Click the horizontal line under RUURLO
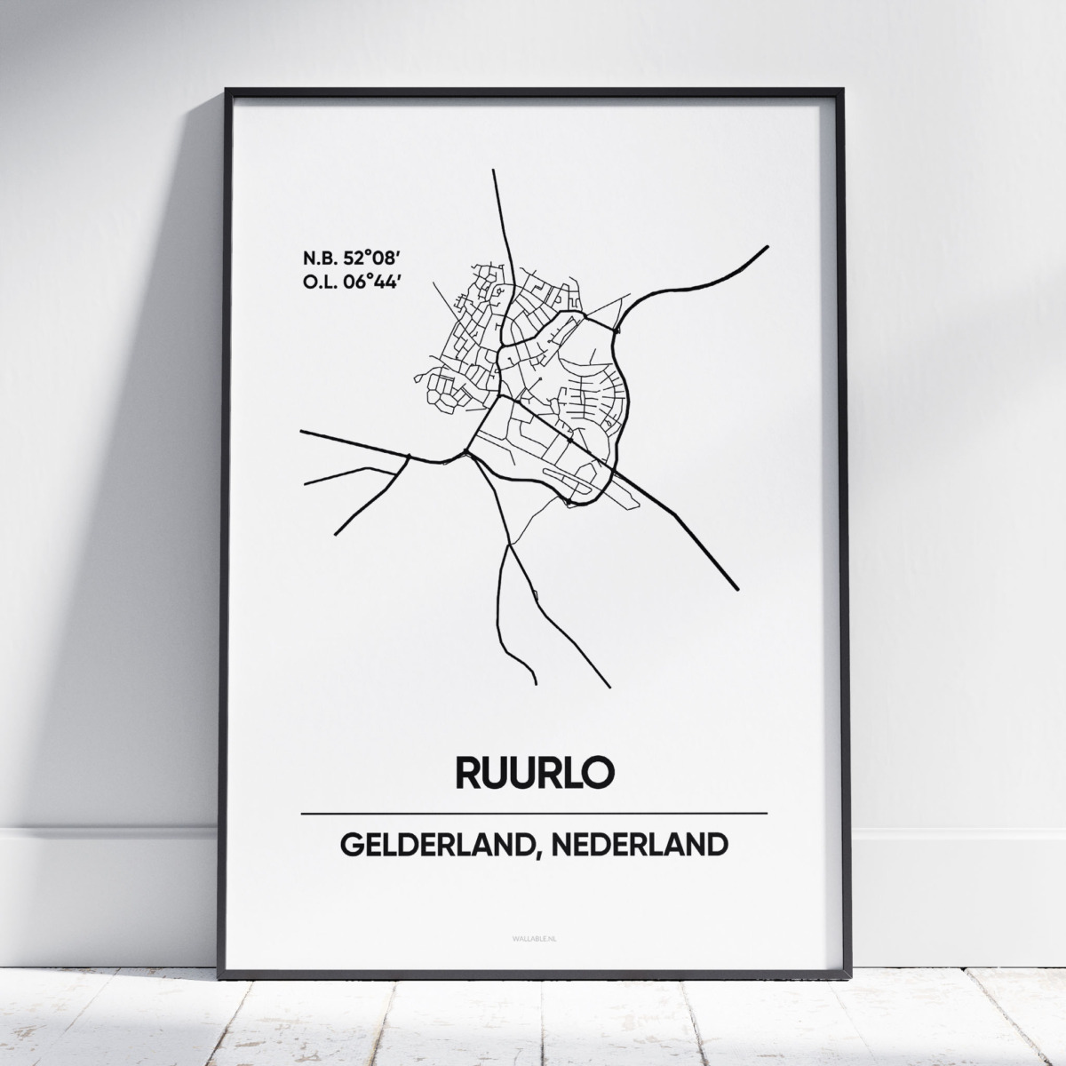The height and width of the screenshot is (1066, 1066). point(533,814)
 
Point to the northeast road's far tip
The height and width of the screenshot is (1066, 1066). point(766,247)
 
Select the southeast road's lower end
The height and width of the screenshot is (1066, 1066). point(736,586)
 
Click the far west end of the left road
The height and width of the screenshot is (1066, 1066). point(303,432)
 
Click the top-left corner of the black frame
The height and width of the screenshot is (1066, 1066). point(227,91)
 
